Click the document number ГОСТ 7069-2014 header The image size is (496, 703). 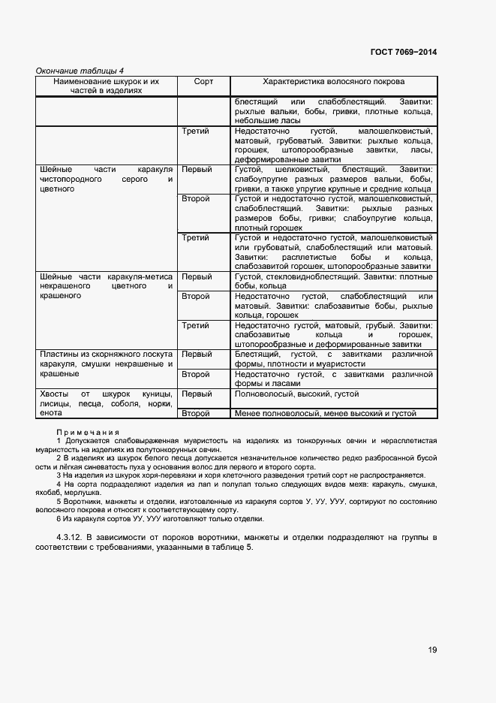tap(403, 52)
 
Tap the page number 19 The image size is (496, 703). tap(432, 650)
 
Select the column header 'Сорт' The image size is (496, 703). tap(203, 81)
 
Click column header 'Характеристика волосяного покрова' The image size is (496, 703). tap(333, 81)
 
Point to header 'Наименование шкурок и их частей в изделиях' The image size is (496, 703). tap(107, 86)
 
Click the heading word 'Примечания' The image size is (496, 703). tap(88, 432)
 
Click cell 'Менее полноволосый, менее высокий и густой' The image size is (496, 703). tap(325, 413)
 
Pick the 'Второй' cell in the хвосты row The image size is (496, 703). tap(196, 413)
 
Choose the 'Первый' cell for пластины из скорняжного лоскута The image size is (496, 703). tap(197, 355)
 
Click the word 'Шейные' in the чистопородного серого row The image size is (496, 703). tap(56, 170)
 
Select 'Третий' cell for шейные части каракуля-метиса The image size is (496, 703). tap(195, 325)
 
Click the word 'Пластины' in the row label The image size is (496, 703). tap(59, 355)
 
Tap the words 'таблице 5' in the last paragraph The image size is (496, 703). tap(233, 548)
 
